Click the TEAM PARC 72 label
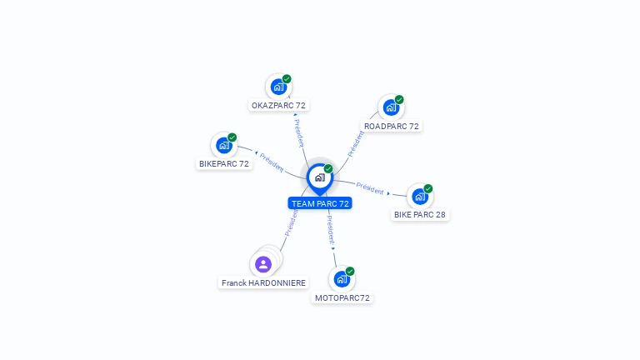(x=320, y=203)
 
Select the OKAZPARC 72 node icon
(x=278, y=87)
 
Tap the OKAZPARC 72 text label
(x=278, y=106)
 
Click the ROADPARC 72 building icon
(x=391, y=107)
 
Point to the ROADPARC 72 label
(x=392, y=127)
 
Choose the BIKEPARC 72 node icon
(x=223, y=146)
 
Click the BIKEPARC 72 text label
(x=224, y=164)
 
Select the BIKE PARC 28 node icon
(x=419, y=197)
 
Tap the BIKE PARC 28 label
(x=420, y=215)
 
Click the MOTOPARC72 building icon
(x=342, y=279)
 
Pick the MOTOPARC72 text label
(x=342, y=297)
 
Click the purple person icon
(x=263, y=264)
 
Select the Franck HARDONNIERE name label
(x=263, y=283)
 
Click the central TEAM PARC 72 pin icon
(x=319, y=177)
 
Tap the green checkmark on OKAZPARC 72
(x=287, y=79)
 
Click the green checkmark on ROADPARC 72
(x=399, y=100)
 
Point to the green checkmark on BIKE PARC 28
(x=427, y=189)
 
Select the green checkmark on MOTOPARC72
(x=350, y=272)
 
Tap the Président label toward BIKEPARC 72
(x=272, y=161)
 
